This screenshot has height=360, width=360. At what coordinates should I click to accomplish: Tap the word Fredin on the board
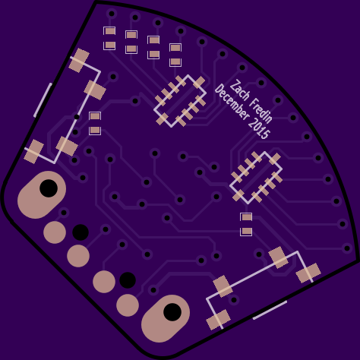pos(261,111)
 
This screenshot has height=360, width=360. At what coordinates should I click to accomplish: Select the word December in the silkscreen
pos(232,102)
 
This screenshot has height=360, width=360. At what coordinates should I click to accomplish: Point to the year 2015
pos(259,128)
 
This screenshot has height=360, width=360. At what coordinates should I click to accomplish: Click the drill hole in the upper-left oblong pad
pos(49,188)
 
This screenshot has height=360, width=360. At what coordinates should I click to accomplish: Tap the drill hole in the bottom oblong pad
pos(172,312)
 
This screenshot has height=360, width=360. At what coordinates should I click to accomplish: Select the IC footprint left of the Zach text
pos(180,101)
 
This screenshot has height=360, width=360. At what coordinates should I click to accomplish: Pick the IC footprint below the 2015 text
pos(256,178)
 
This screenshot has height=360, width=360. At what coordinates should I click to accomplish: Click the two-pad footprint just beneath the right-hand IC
pos(246,224)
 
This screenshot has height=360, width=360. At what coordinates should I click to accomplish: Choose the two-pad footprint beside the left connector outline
pos(95,123)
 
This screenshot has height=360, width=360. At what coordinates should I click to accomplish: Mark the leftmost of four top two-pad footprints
pos(109,38)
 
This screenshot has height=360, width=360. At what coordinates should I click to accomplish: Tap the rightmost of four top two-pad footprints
pos(175,55)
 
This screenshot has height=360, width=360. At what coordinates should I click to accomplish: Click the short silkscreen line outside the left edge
pos(43,100)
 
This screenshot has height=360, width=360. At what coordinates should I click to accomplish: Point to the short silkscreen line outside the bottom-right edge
pos(270,310)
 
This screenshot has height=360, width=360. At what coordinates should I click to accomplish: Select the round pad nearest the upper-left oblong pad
pos(55,232)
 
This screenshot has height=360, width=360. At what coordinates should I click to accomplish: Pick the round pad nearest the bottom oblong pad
pos(128,305)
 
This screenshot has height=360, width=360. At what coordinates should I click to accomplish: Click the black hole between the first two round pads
pos(81,232)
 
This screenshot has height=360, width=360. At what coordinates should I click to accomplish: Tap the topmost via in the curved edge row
pos(112,14)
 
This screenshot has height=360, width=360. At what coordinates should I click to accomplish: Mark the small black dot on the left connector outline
pos(77,117)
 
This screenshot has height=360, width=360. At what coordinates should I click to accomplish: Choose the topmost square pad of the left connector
pos(79,60)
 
